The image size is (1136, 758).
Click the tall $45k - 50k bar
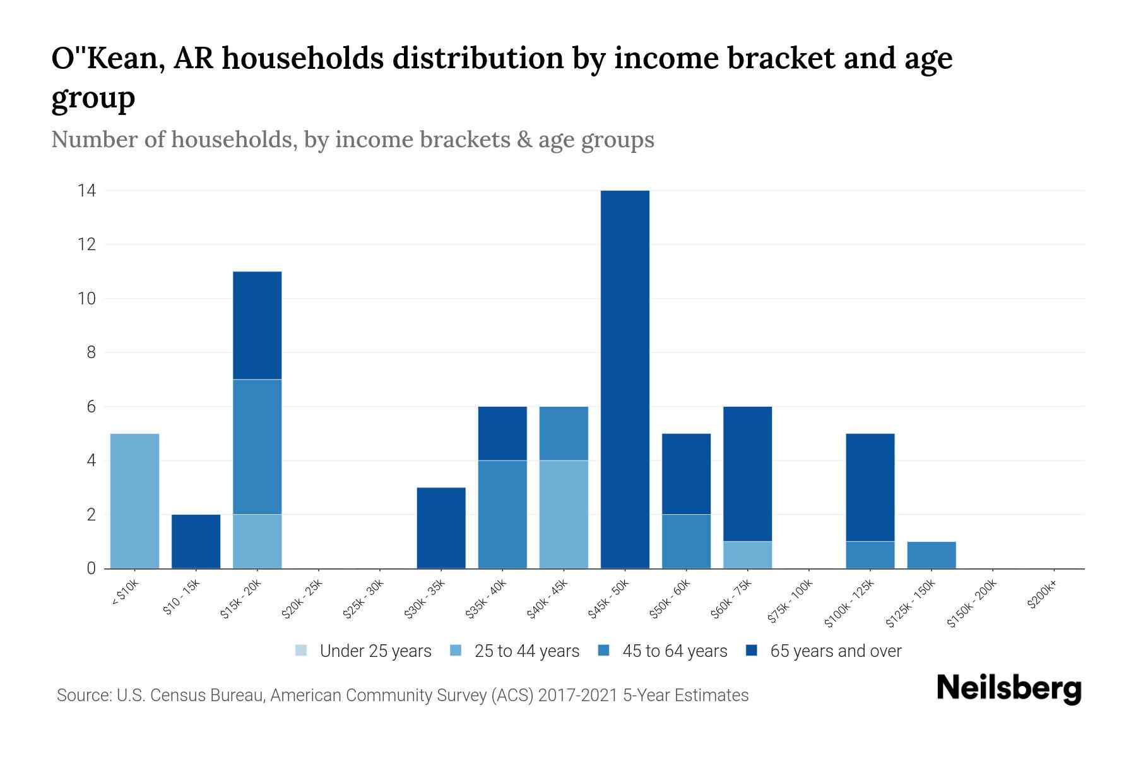tap(625, 379)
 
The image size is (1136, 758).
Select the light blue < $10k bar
tap(134, 501)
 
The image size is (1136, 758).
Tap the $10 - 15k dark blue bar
tap(196, 541)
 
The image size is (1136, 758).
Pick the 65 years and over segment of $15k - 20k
tap(257, 325)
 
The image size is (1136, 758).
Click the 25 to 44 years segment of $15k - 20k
tap(257, 541)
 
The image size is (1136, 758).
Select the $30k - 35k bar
tap(441, 528)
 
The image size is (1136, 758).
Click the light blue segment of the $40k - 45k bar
tap(564, 514)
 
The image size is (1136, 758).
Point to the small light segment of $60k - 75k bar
tap(747, 555)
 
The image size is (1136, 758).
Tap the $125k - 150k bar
tap(931, 555)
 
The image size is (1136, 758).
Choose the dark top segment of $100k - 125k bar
tap(870, 487)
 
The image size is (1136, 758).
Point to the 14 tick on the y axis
tap(86, 190)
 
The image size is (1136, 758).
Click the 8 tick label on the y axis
tap(92, 352)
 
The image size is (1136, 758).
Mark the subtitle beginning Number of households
tap(352, 139)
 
